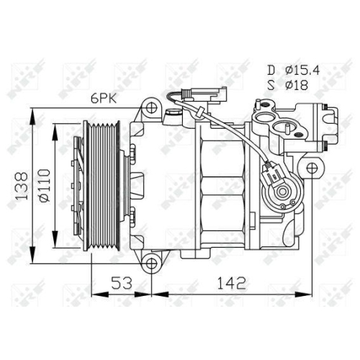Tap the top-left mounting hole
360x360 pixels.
point(152,109)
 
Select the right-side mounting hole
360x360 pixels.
point(311,168)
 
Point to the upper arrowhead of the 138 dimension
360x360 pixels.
point(32,113)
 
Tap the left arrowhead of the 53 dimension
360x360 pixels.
point(94,292)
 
